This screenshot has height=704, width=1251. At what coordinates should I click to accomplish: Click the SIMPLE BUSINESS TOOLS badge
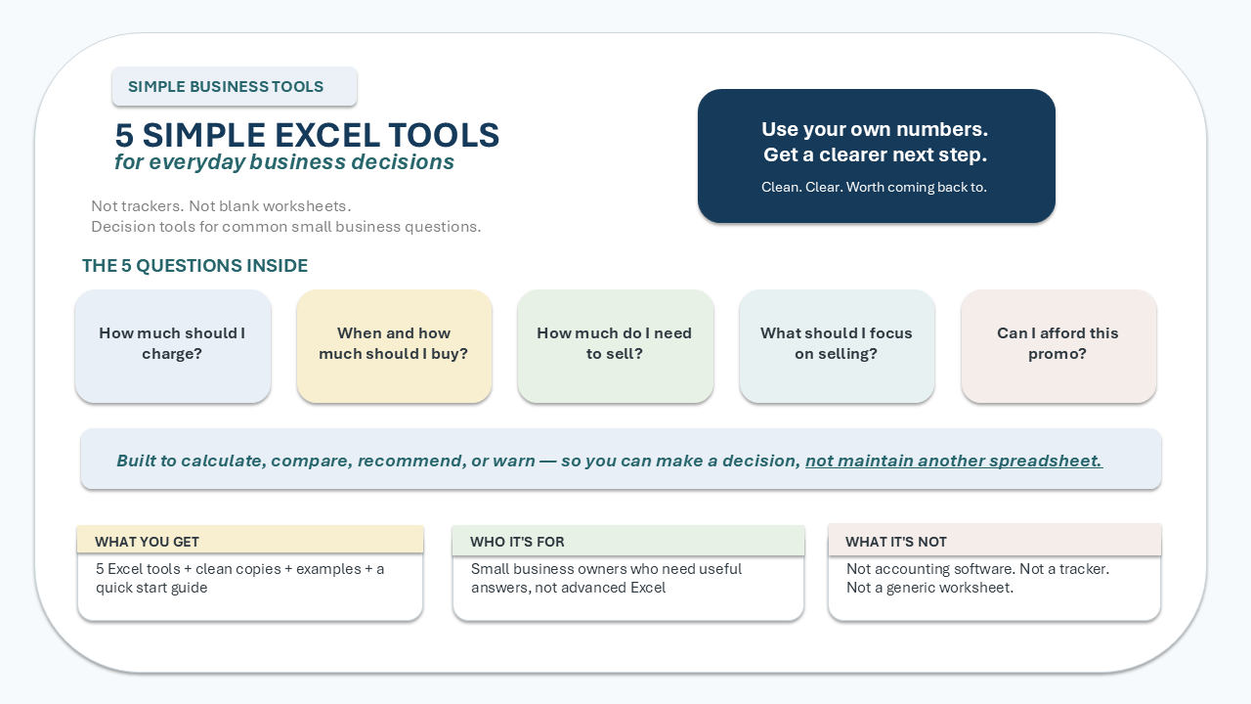(x=235, y=87)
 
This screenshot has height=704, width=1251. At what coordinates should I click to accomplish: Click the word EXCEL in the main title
(x=327, y=135)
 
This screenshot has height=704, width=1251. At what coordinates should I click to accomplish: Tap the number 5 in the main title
(x=124, y=135)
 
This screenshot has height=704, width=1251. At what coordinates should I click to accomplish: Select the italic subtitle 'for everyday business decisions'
(x=284, y=162)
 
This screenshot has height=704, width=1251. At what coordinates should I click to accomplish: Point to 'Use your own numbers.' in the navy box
(x=875, y=129)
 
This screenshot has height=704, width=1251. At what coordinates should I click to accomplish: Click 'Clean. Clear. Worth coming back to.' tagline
(x=874, y=187)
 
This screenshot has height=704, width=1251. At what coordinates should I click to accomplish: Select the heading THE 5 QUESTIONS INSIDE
(x=194, y=265)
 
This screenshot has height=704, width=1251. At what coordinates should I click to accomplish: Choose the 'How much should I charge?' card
(x=173, y=346)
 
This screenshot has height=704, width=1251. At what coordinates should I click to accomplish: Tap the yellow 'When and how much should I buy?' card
(x=394, y=346)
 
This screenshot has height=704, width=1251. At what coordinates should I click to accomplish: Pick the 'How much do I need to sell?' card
(x=616, y=346)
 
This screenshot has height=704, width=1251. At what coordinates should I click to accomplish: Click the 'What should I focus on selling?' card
(x=837, y=346)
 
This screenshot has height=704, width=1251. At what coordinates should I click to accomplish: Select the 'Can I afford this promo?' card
(x=1058, y=346)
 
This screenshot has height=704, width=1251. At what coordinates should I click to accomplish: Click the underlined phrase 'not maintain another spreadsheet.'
(x=954, y=461)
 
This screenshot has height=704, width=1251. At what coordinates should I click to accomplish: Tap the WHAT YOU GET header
(x=250, y=540)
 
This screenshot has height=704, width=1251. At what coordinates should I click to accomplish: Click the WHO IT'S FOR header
(x=628, y=541)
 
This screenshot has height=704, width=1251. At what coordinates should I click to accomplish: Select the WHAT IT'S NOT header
(x=995, y=540)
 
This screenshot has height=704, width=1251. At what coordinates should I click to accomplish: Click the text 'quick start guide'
(x=151, y=588)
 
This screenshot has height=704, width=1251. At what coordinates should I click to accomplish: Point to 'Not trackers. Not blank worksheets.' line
(x=221, y=206)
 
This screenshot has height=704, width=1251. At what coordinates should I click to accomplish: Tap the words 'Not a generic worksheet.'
(x=929, y=588)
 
